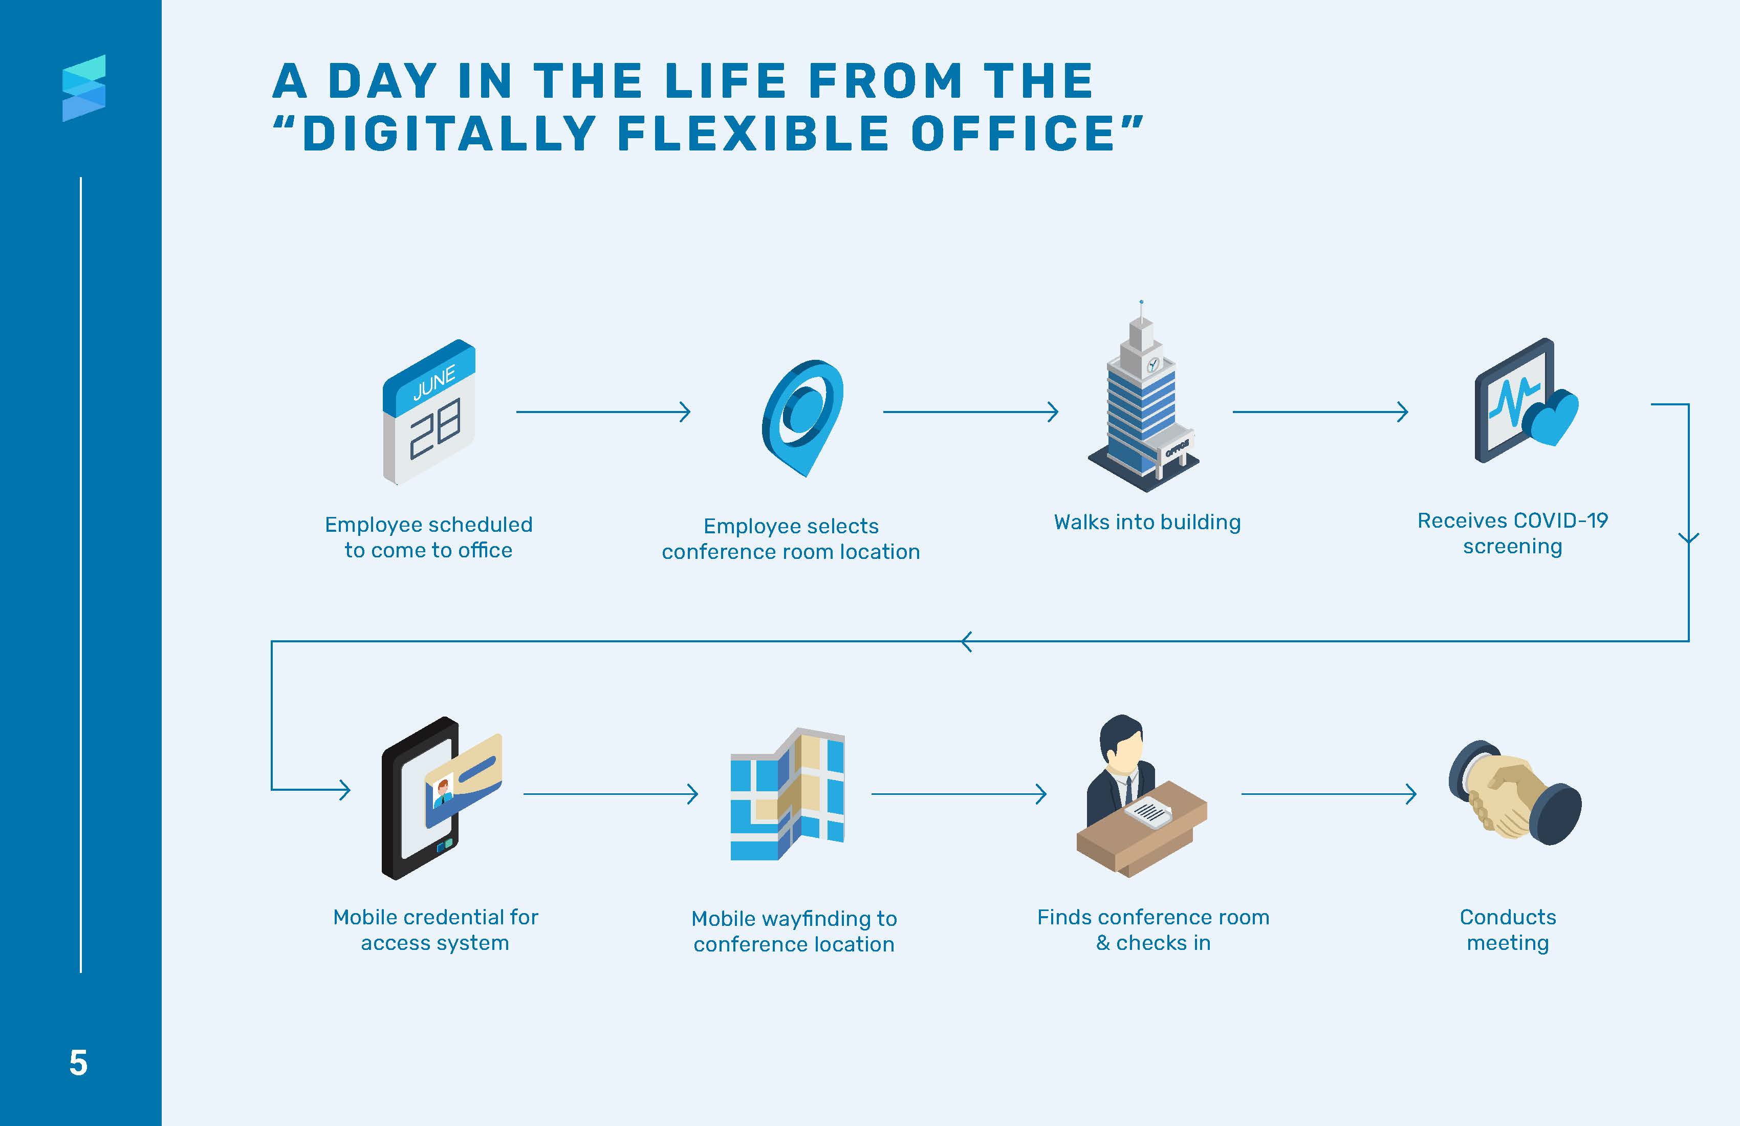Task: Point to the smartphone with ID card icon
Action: [439, 797]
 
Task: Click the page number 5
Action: [78, 1063]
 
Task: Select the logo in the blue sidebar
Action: [84, 88]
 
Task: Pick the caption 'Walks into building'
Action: [1147, 522]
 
